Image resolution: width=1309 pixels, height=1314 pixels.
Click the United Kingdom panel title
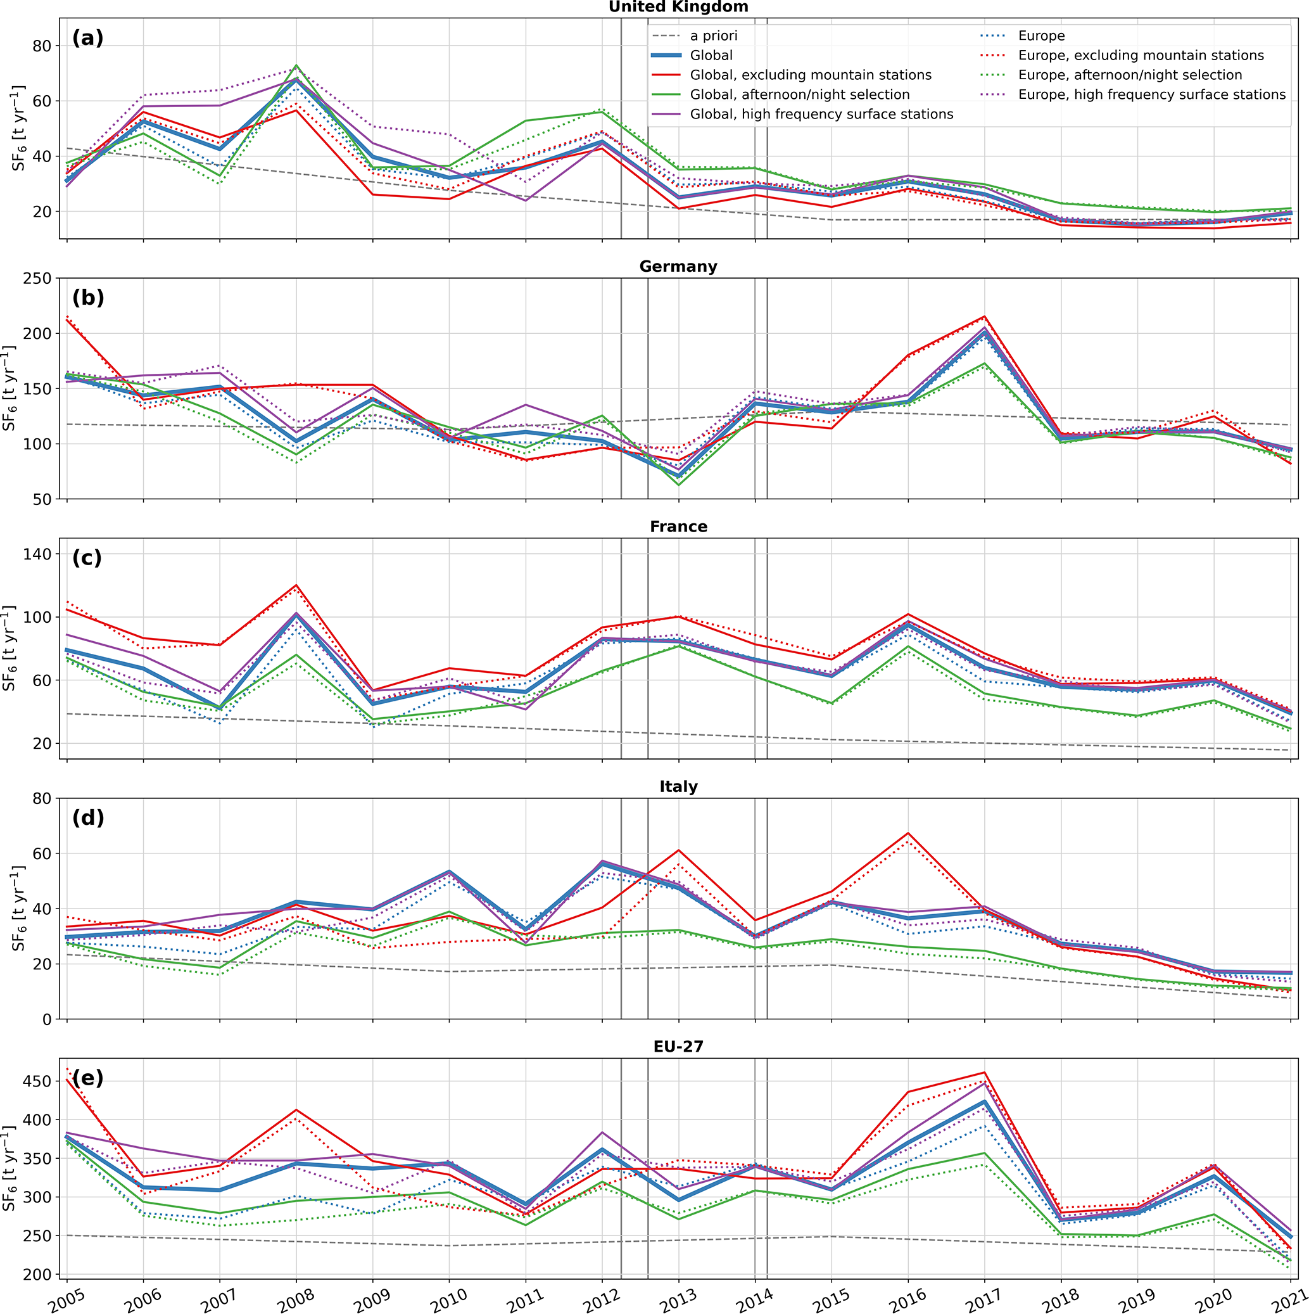678,7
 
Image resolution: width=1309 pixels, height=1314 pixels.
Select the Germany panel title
678,267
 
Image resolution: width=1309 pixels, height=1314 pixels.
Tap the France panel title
678,526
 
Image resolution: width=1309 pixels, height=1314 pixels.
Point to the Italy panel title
678,787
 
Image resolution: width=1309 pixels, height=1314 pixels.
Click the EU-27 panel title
678,1047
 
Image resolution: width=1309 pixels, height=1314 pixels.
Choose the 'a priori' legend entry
713,36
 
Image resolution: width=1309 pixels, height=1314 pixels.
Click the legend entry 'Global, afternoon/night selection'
799,94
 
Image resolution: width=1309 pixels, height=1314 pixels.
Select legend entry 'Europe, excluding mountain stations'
1141,56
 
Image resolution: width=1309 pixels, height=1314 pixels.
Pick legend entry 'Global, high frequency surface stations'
821,114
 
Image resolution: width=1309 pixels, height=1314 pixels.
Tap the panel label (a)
88,38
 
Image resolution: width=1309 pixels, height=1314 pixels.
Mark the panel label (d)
88,817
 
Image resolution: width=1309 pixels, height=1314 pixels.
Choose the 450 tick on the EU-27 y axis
39,1081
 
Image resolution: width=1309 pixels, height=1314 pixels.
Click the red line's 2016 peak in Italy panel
907,833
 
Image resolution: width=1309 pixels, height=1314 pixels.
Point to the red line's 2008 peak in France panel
296,585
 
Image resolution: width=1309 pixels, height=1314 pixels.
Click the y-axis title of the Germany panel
9,388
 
